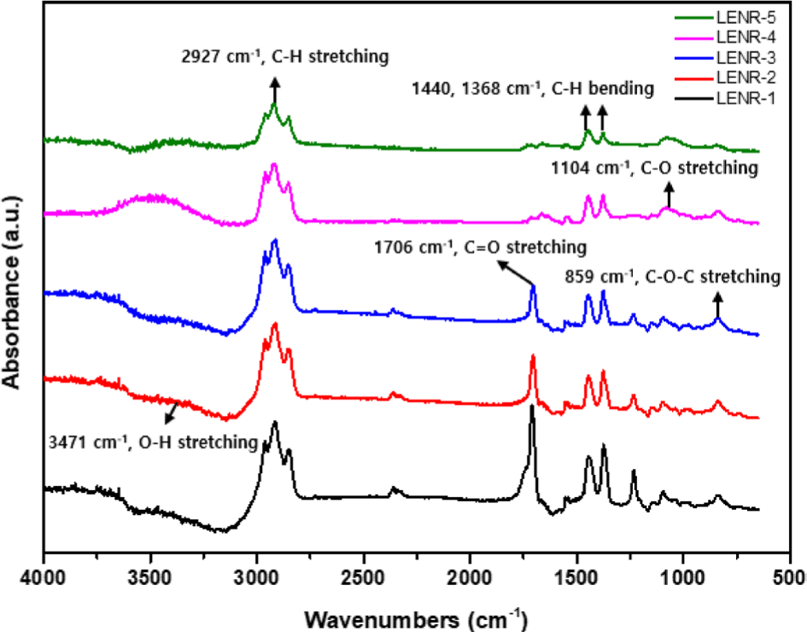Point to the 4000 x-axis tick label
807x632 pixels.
click(43, 577)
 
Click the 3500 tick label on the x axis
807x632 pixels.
click(150, 577)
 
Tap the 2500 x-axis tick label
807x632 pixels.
click(363, 577)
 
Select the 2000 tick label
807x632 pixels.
click(470, 577)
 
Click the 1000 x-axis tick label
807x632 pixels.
click(682, 577)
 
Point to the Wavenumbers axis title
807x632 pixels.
click(416, 619)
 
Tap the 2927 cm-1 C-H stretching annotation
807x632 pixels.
click(285, 56)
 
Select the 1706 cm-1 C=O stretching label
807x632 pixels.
click(480, 248)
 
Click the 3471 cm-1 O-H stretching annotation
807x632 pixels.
click(153, 442)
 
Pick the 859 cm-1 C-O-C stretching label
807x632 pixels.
click(673, 277)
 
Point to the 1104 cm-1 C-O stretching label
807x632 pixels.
click(655, 167)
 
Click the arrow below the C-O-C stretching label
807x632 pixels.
click(717, 305)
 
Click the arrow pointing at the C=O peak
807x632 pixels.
click(515, 272)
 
